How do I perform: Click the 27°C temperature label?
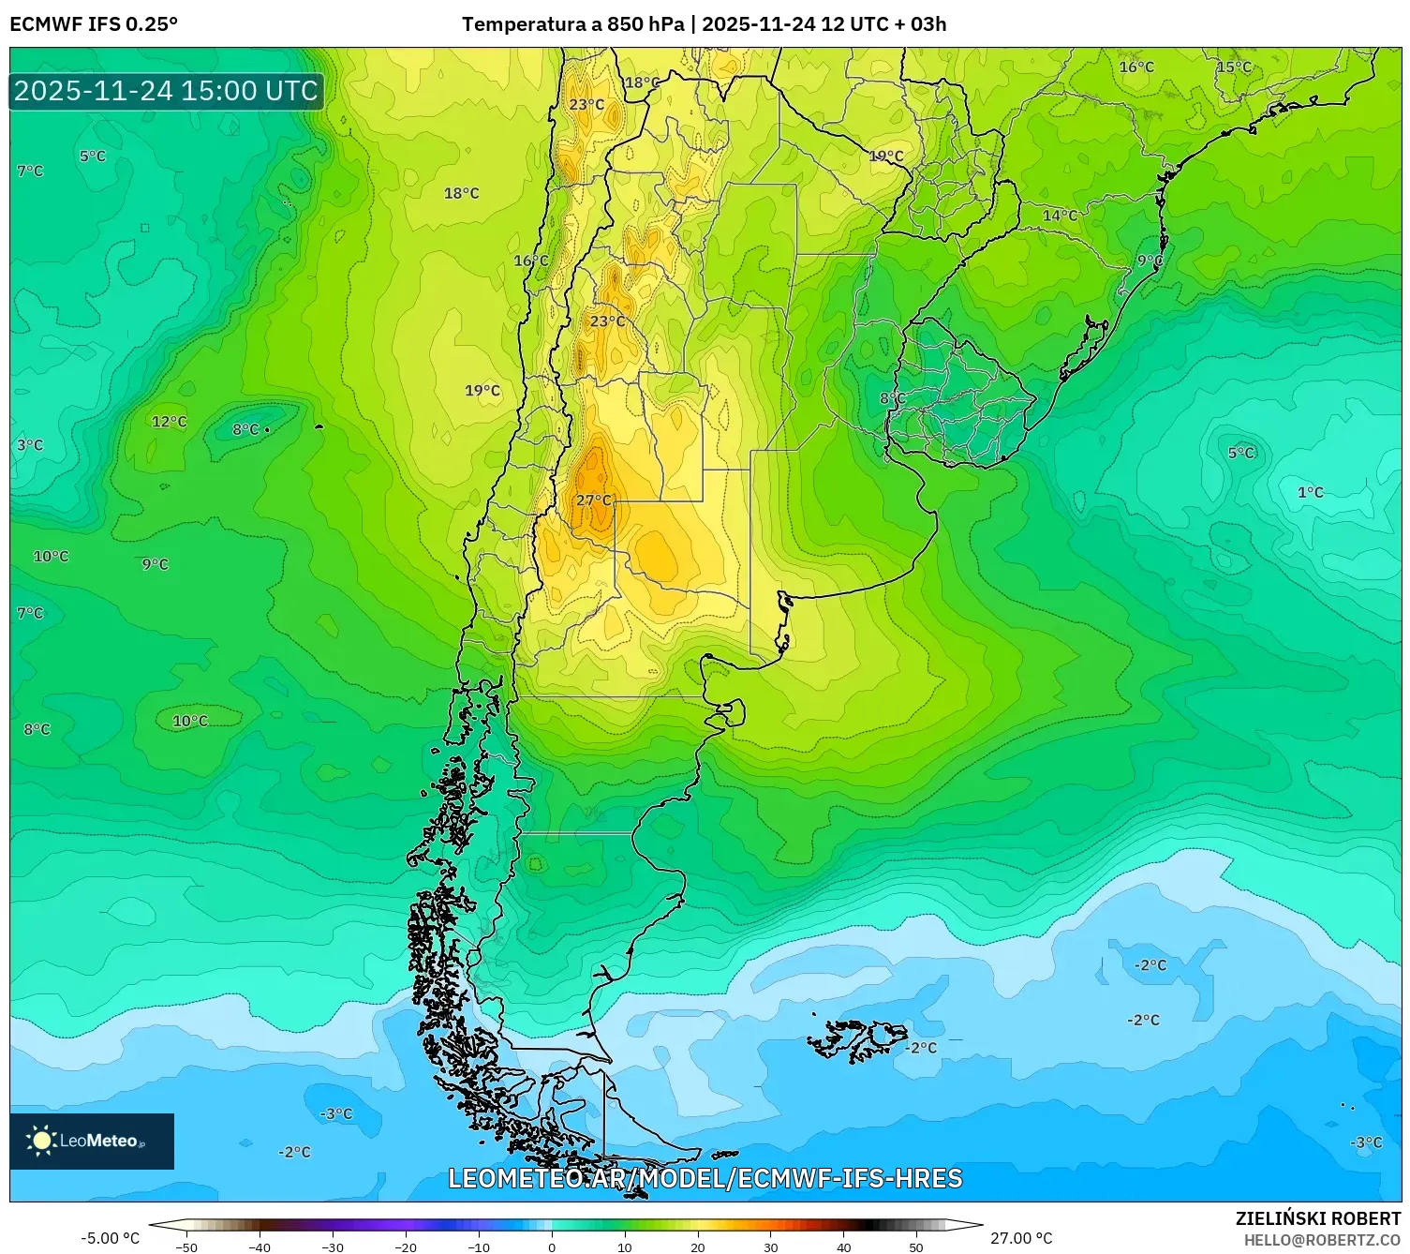tap(594, 500)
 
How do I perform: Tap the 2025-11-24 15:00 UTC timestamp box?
tap(167, 91)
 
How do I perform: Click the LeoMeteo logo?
tap(91, 1141)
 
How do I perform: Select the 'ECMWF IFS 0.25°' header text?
tap(94, 24)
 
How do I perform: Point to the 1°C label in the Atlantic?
tap(1310, 492)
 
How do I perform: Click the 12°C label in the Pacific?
tap(170, 422)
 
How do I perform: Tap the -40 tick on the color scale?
tap(260, 1247)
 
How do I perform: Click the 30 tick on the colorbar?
tap(770, 1247)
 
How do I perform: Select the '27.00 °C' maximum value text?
tap(1021, 1238)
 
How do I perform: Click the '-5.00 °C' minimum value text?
tap(110, 1238)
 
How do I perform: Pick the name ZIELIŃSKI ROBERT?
tap(1318, 1218)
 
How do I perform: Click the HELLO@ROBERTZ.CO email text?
tap(1322, 1240)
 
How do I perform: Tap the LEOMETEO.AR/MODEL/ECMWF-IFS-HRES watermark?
tap(705, 1178)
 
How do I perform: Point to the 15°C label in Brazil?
tap(1234, 67)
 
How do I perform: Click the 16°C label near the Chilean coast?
tap(530, 261)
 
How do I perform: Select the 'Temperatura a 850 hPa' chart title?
tap(572, 24)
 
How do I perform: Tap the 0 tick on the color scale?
tap(552, 1247)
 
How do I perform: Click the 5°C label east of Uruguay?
tap(1241, 453)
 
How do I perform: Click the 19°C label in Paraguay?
tap(886, 157)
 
